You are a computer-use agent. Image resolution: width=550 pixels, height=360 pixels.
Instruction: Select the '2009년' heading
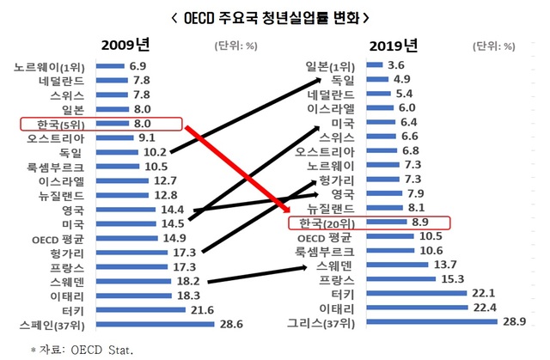pos(127,46)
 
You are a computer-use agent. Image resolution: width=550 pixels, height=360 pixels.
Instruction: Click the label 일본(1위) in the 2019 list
pos(329,65)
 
